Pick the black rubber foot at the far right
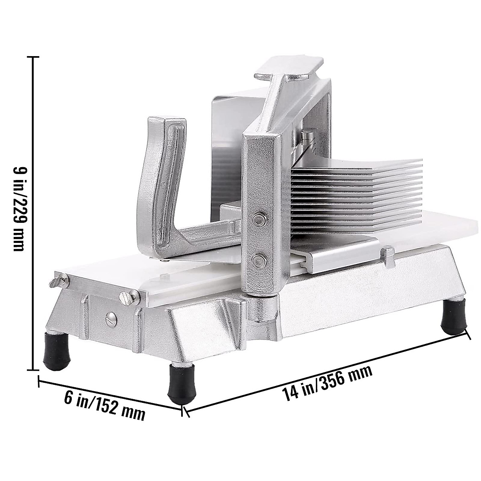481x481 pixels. point(453,317)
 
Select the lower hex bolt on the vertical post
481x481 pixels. point(259,261)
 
